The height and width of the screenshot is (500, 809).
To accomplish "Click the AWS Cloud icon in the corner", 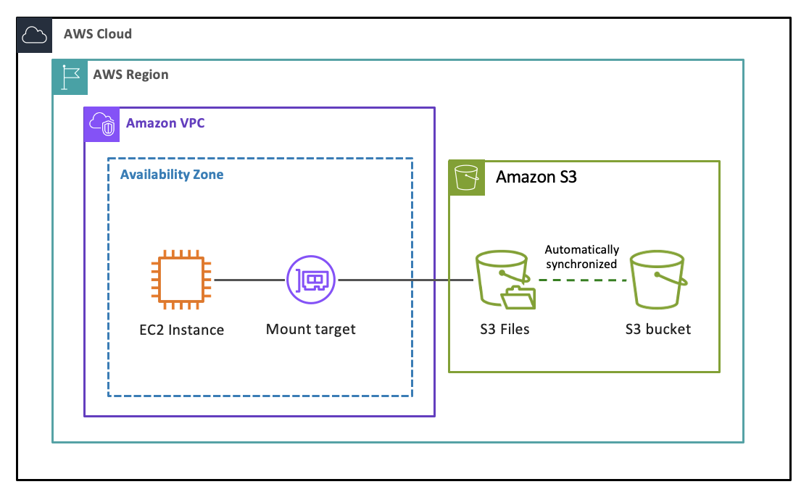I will point(35,35).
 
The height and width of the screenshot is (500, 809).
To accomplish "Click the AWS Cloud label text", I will point(98,34).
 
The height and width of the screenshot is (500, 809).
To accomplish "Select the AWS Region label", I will point(130,75).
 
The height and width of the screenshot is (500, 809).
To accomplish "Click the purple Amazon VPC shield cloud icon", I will point(101,125).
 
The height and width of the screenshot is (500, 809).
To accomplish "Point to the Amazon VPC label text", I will point(165,123).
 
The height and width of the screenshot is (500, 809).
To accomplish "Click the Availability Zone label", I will point(172,175).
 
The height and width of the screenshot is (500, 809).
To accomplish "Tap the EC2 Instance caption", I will point(182,330).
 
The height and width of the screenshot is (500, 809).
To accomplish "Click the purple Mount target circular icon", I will point(312,279).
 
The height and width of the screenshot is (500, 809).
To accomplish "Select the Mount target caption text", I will point(311,330).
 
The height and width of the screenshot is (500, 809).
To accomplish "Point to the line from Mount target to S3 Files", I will point(406,280).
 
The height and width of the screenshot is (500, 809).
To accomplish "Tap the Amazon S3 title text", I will point(536,177).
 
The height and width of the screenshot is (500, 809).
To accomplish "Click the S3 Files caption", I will point(505,330).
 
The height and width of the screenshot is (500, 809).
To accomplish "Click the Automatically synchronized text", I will point(582,257).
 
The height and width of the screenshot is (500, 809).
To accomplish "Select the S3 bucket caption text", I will point(658,330).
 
